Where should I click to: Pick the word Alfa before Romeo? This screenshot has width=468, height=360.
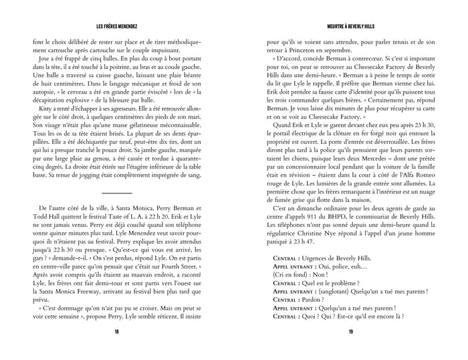[x=423, y=199]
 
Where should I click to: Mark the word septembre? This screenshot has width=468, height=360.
[x=350, y=50]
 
